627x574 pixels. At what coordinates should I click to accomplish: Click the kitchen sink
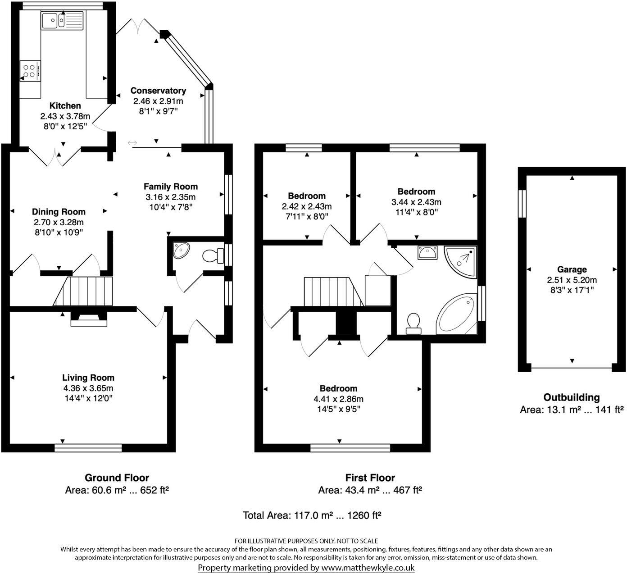pos(62,21)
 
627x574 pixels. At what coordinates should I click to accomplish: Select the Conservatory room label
pos(158,91)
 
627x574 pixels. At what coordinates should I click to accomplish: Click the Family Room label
pos(171,186)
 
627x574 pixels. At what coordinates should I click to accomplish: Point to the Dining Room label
pos(59,211)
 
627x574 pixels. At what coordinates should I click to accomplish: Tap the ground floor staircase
pos(83,292)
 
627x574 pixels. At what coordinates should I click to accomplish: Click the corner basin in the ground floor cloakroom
pos(182,250)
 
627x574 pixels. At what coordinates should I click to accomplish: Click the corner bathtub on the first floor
pos(456,314)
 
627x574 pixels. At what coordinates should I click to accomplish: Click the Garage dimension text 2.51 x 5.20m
pos(572,280)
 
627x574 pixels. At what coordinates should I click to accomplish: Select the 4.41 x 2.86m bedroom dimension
pos(338,399)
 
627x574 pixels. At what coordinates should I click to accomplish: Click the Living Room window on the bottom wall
pos(88,447)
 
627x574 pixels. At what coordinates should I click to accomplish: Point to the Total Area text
pos(312,515)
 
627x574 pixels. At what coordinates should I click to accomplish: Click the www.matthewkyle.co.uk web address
pos(368,568)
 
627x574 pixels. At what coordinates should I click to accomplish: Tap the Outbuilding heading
pos(572,397)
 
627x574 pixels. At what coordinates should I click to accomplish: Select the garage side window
pos(522,204)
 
